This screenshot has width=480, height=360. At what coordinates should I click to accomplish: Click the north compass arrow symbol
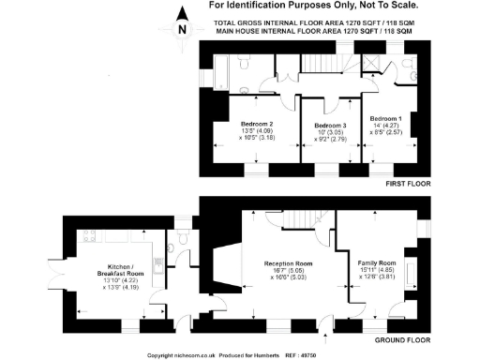[182, 26]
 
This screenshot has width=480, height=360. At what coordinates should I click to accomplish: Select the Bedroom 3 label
[330, 126]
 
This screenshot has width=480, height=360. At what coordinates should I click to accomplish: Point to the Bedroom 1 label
[385, 119]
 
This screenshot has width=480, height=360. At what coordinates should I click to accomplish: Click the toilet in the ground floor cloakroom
[187, 240]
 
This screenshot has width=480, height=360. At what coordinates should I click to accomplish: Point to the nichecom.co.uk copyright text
[187, 355]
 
